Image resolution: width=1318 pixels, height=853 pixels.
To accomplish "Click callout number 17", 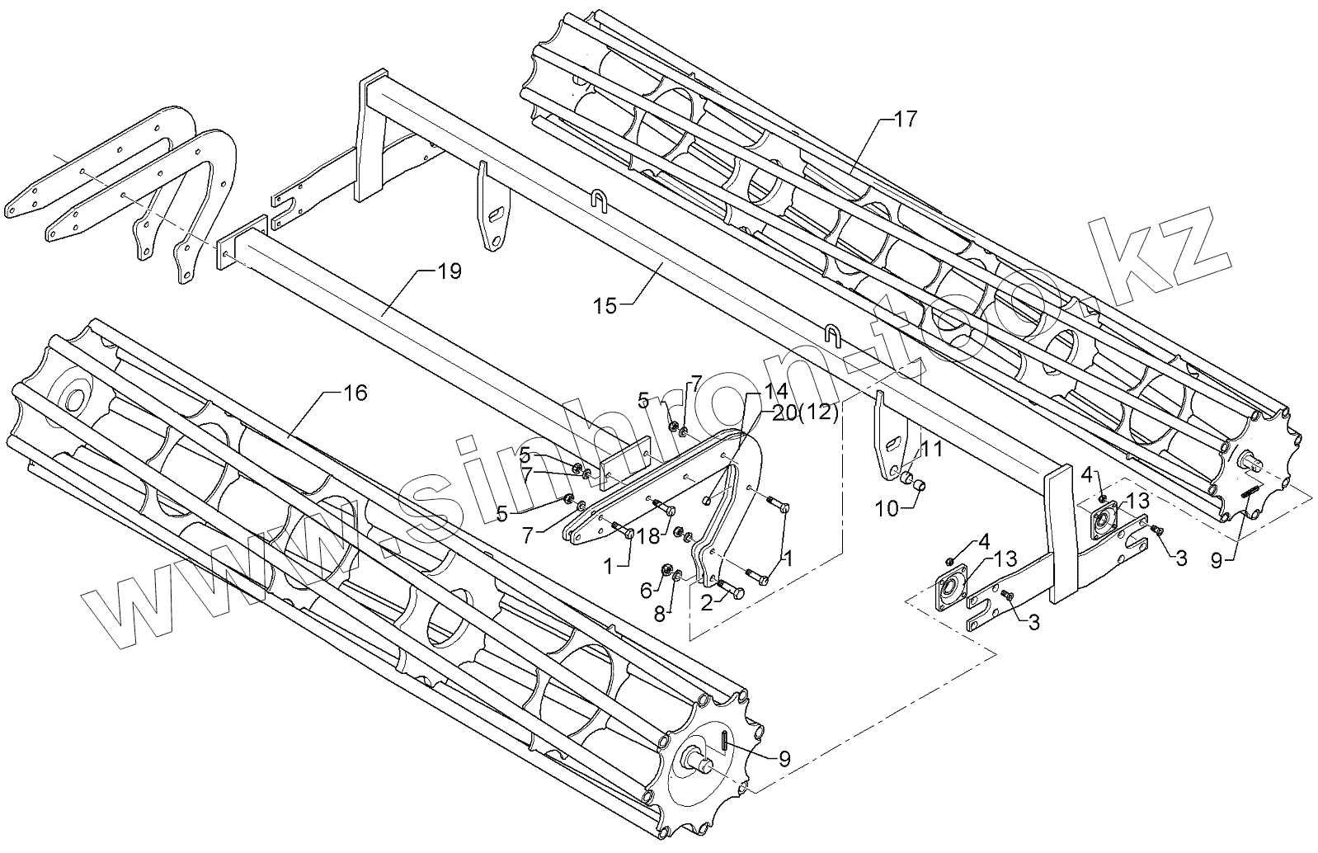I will (905, 120).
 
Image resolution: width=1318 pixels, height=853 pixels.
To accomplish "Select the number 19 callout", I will (450, 271).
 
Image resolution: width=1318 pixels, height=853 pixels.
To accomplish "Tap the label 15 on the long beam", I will (605, 306).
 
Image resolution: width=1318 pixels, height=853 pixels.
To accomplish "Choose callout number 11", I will (931, 449).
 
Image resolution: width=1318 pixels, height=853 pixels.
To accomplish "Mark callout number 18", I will (648, 535).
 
